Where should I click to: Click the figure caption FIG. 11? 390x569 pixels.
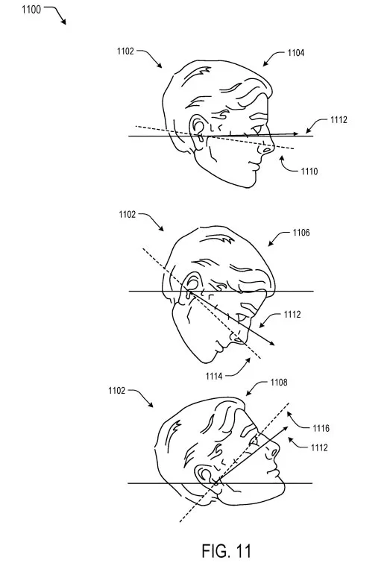pos(227,551)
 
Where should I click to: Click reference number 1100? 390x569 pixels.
pos(31,10)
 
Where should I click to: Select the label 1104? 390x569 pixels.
pos(296,53)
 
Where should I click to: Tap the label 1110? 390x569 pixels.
pos(309,172)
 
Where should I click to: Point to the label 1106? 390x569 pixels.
pos(301,233)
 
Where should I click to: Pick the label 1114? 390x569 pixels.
pos(214,377)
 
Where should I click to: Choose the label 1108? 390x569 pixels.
pos(279,383)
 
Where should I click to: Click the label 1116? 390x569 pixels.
pos(321,429)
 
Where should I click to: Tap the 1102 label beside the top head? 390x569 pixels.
pos(125,51)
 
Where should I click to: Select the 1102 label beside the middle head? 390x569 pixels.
pos(127,215)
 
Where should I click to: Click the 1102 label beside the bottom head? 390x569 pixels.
pos(116,391)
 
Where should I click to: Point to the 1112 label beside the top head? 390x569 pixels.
pos(339,120)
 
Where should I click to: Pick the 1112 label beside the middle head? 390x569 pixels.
pos(292,315)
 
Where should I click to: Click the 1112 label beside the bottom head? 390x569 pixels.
pos(319,447)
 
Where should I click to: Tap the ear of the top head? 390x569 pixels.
pos(198,131)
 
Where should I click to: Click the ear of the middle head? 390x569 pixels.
pos(190,285)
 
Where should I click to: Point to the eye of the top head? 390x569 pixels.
pos(257,130)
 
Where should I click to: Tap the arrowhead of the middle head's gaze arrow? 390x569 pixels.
pos(271,343)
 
